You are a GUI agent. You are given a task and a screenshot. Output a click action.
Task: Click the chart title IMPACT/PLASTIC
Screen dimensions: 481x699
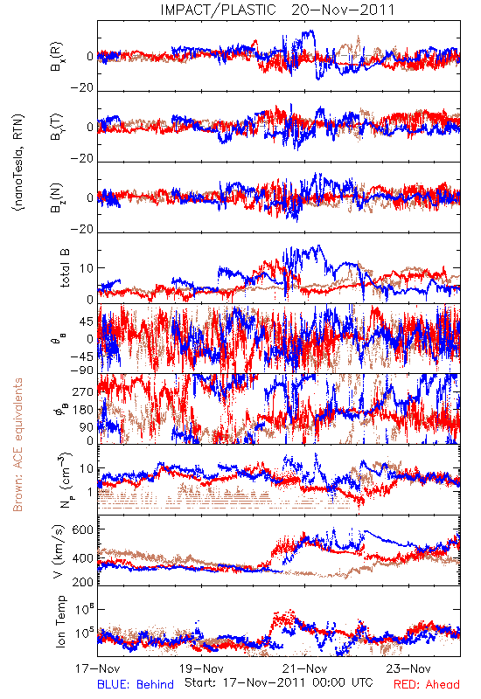point(218,10)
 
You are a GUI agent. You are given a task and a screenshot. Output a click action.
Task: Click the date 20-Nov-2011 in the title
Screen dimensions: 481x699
point(343,10)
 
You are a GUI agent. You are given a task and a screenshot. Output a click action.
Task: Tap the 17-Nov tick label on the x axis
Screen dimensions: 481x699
point(97,668)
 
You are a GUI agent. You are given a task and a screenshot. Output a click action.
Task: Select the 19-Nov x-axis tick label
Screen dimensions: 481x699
point(201,668)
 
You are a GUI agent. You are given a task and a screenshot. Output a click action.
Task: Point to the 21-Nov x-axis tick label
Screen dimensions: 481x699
point(304,668)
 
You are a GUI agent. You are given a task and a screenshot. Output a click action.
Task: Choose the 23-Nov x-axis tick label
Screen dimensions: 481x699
point(408,668)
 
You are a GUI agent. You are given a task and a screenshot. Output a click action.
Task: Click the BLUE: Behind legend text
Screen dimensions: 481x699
point(136,684)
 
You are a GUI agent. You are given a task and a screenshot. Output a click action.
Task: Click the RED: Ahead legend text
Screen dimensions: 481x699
point(427,684)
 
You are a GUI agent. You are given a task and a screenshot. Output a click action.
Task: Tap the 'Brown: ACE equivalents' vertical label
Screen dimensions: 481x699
point(17,445)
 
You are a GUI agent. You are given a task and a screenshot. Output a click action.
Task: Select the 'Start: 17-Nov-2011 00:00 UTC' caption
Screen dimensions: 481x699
point(279,682)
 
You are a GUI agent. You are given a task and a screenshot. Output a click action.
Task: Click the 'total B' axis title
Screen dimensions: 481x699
point(64,268)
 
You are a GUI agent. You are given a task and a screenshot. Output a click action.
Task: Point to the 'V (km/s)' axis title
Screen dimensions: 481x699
point(59,551)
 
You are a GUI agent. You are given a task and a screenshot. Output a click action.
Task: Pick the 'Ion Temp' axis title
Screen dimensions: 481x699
point(60,621)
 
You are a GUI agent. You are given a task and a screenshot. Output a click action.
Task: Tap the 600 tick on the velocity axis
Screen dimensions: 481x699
point(83,529)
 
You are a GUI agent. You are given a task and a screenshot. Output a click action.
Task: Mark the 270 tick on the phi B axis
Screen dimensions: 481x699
point(83,391)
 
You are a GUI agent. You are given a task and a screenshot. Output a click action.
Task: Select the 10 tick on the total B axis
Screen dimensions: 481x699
point(87,268)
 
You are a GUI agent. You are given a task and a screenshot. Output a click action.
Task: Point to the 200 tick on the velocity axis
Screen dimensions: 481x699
point(83,582)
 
